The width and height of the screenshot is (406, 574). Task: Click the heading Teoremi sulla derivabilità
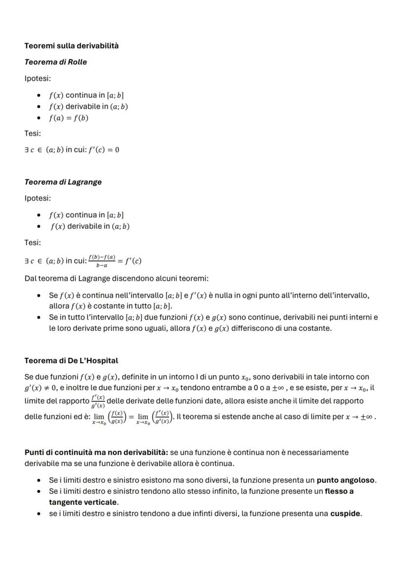[x=72, y=46]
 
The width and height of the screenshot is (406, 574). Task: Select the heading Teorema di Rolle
[x=56, y=62]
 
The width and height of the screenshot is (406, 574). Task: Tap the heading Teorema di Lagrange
[x=63, y=182]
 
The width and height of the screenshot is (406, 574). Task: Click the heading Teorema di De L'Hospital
[x=71, y=360]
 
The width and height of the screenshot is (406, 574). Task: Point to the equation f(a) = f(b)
[x=69, y=118]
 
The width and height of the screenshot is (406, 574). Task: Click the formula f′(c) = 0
[x=103, y=150]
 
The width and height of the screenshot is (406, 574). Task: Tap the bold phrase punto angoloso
[x=346, y=480]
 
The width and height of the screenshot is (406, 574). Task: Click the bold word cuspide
[x=345, y=514]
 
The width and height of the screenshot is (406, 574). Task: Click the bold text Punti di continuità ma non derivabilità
[x=96, y=452]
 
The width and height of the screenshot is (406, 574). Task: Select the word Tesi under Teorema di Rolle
[x=33, y=133]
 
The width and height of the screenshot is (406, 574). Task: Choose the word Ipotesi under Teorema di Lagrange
[x=38, y=199]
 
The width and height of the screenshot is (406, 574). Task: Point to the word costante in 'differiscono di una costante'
[x=315, y=328]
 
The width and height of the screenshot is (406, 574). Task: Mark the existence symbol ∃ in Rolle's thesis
[x=27, y=150]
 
